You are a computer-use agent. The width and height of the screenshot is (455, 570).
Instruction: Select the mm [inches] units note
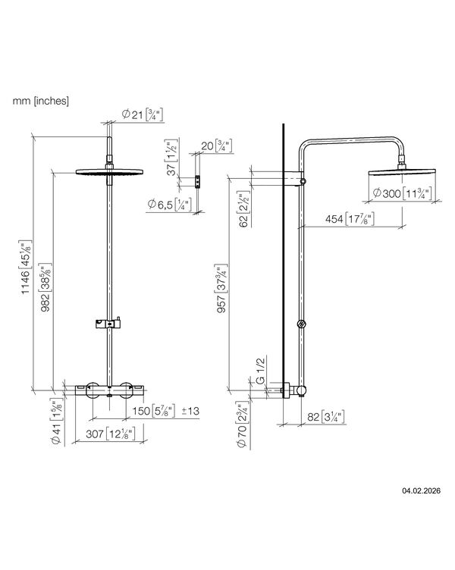click(41, 100)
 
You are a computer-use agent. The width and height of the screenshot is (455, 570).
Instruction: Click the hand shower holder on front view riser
click(109, 324)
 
